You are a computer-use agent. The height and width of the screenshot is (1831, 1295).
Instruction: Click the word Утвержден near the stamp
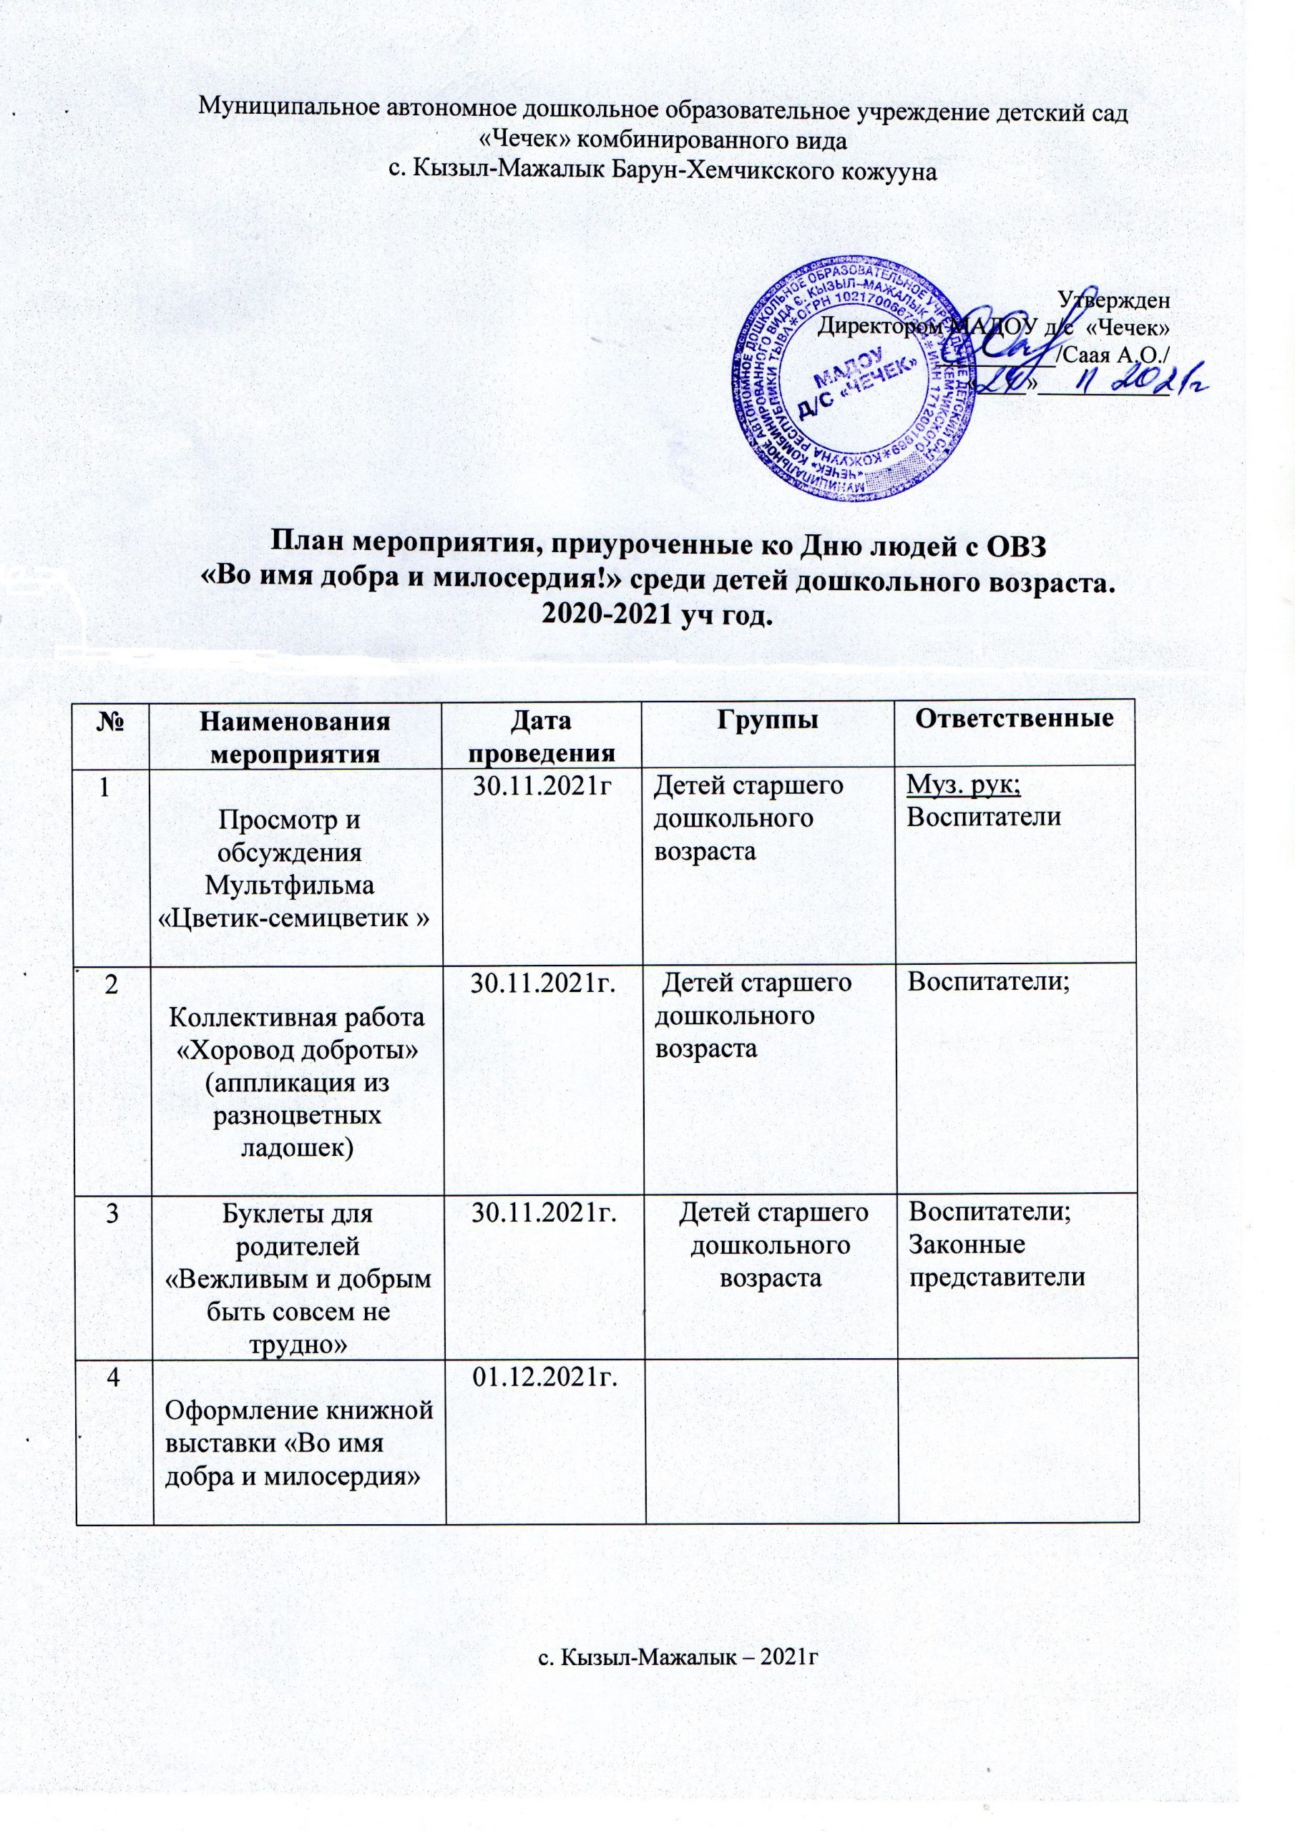click(1114, 300)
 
